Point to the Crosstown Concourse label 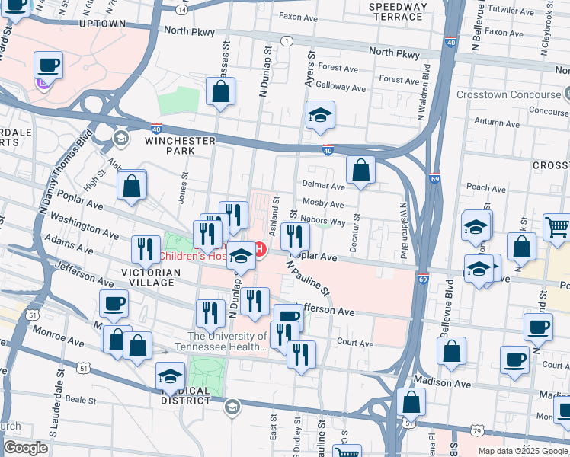pos(508,95)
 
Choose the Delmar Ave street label pos(323,185)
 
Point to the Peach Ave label pos(486,187)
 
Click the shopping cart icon pos(557,226)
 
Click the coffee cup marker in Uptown pos(48,65)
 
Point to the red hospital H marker pos(259,249)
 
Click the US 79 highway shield pos(477,432)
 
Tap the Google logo pos(25,448)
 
